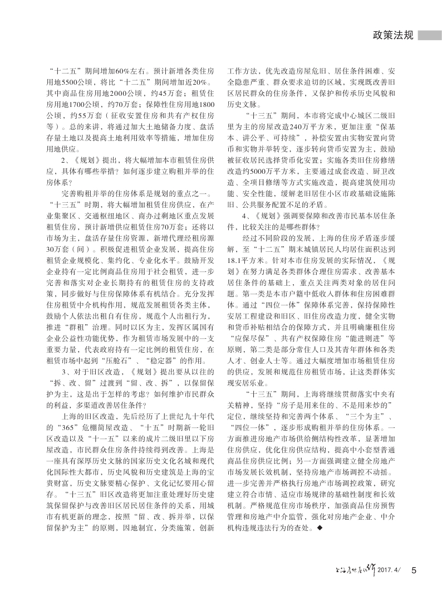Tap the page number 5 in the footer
pos(414,569)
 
